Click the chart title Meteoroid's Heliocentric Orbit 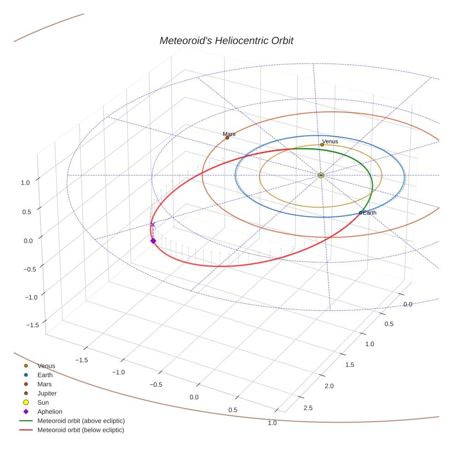226,41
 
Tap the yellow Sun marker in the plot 321,175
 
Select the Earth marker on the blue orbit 360,213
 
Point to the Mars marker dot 227,138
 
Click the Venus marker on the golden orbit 322,145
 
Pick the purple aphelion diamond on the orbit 153,241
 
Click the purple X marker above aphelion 153,224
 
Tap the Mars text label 229,134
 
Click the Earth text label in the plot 370,213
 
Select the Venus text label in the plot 330,141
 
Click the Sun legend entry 43,403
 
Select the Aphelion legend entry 50,412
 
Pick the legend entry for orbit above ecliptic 81,421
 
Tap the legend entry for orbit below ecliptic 81,430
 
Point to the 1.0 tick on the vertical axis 25,182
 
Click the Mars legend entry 44,384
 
